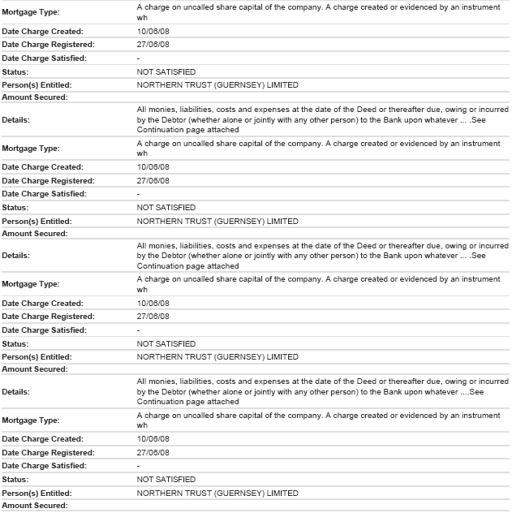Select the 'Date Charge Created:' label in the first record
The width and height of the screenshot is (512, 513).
[x=42, y=31]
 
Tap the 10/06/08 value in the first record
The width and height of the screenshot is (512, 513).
[x=153, y=31]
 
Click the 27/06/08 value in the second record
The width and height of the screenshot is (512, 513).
[x=153, y=180]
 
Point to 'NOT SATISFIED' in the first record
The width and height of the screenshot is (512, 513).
[x=166, y=71]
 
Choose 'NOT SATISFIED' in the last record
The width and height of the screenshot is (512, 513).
[x=166, y=480]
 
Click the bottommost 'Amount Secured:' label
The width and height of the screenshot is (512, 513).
[x=35, y=506]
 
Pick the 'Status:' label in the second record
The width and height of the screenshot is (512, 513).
[x=16, y=208]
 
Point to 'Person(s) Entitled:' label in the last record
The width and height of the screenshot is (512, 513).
[x=37, y=493]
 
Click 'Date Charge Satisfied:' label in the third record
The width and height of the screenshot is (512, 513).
[x=44, y=330]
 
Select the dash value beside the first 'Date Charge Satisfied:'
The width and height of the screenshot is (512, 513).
[x=139, y=58]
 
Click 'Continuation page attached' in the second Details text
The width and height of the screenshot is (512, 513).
[x=187, y=265]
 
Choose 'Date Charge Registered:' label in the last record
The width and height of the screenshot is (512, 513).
[x=48, y=452]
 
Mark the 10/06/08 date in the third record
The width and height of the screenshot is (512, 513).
[x=153, y=303]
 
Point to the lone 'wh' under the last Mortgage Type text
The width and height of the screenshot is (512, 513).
[x=142, y=425]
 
